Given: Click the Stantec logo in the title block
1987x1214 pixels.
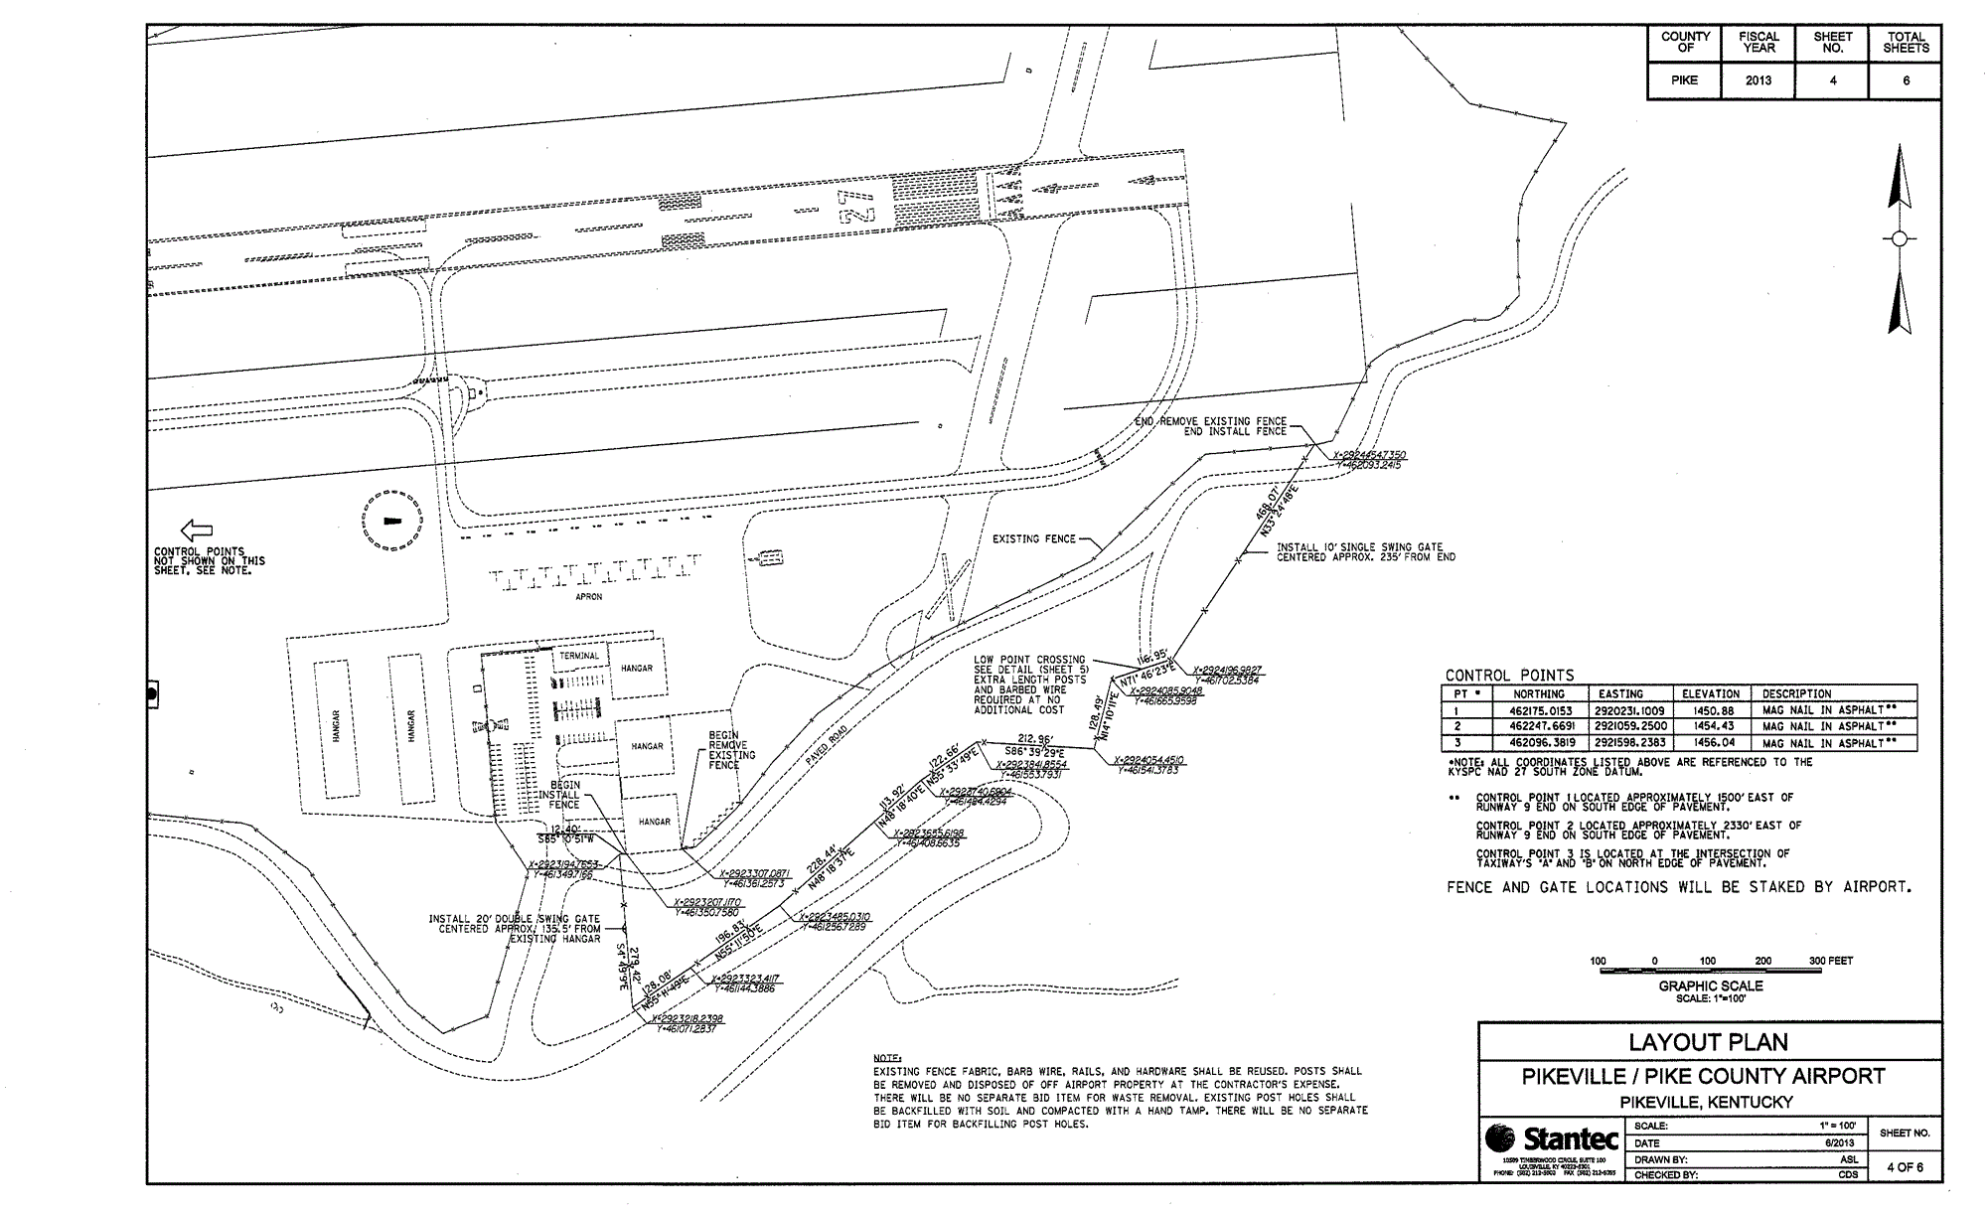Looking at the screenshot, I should (1550, 1139).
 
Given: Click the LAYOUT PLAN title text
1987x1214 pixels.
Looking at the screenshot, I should (1709, 1042).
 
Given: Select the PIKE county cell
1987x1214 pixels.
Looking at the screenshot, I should (1684, 80).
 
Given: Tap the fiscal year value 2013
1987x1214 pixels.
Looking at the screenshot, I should (1758, 80).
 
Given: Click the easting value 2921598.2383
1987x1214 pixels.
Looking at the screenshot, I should (1632, 742).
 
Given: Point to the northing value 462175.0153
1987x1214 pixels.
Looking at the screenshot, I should (1542, 710).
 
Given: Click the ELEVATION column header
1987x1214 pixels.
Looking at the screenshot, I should (1711, 693).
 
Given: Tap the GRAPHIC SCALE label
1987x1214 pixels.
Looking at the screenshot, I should (1710, 986).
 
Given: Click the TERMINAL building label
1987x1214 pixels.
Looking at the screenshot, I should (579, 656).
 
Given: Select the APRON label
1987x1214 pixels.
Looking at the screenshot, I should (589, 597).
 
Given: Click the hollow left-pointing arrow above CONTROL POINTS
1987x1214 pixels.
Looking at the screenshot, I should (196, 531).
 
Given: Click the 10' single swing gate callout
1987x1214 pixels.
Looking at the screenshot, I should (1365, 552).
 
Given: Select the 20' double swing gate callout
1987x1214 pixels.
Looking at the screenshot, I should (515, 928).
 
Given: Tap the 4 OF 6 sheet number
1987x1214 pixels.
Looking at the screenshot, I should (1905, 1166).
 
